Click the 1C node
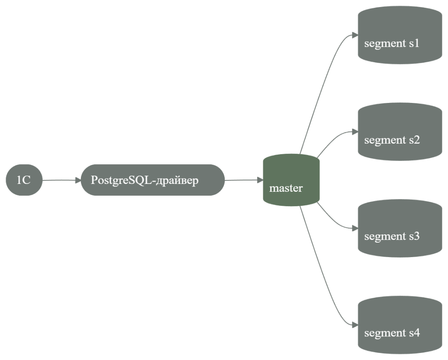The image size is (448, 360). click(x=24, y=180)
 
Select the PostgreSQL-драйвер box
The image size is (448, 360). click(x=153, y=180)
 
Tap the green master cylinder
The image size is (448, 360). click(x=291, y=180)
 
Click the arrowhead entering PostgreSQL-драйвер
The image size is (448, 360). click(x=78, y=180)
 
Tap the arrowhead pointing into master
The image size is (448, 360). click(x=260, y=180)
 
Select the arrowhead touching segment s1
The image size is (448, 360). click(x=355, y=35)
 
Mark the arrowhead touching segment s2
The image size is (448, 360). click(x=355, y=132)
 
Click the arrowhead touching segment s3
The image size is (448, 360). click(x=355, y=228)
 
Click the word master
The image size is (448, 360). click(x=286, y=189)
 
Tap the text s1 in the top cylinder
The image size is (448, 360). click(x=414, y=44)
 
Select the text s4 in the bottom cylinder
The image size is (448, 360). click(x=414, y=333)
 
